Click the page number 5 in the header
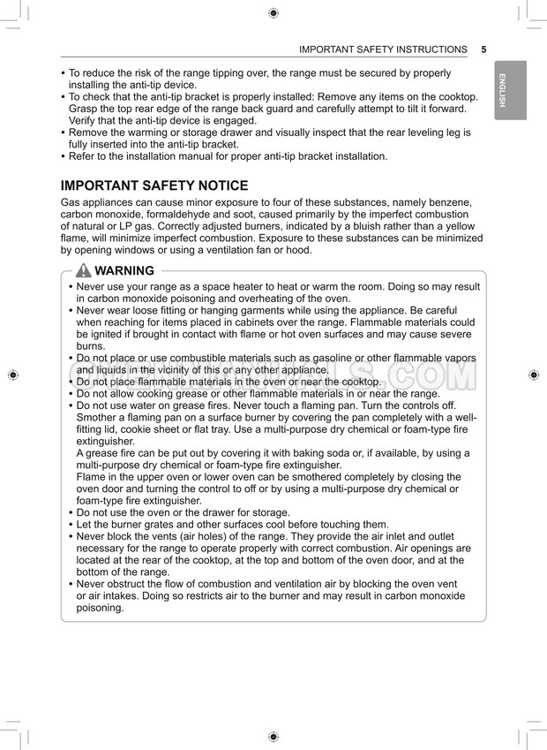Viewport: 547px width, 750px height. (x=484, y=49)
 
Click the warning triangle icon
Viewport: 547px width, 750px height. (x=83, y=271)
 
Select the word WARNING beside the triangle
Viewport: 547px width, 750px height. (x=124, y=271)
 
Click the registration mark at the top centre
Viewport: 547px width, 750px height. (x=273, y=12)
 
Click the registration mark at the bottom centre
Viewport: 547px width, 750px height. (x=273, y=737)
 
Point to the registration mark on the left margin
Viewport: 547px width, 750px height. (x=12, y=375)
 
